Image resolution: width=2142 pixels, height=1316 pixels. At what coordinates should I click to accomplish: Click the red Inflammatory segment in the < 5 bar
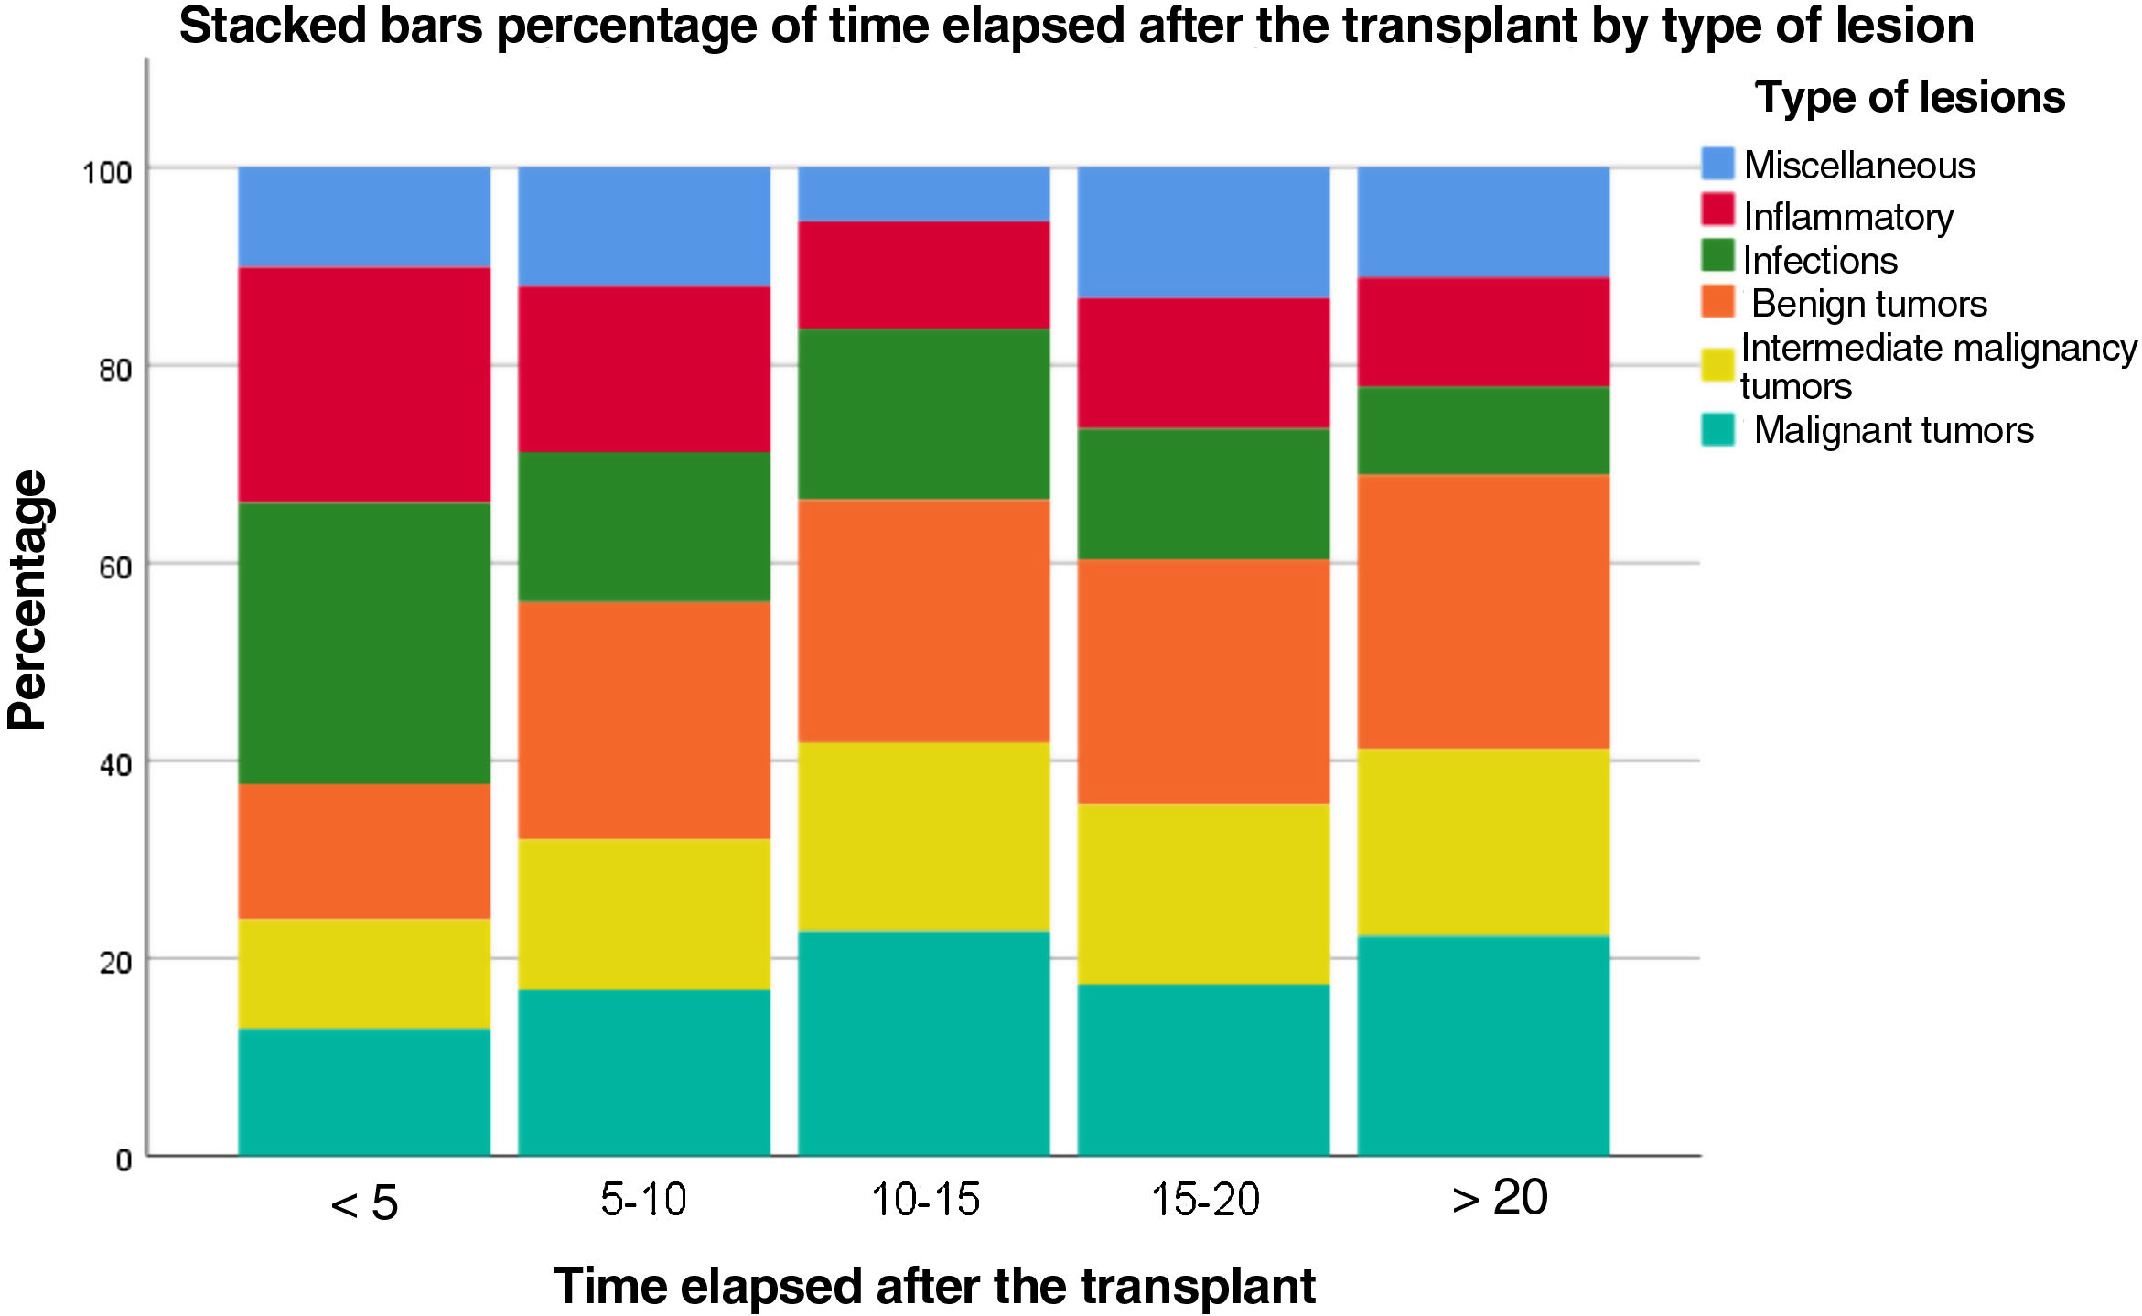(364, 384)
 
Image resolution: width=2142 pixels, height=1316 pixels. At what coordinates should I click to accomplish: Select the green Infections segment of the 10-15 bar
(924, 414)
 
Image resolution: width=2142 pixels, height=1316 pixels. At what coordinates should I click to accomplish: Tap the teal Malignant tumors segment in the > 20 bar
(1483, 1045)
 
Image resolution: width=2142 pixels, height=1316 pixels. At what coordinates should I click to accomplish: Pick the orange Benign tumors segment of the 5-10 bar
(644, 719)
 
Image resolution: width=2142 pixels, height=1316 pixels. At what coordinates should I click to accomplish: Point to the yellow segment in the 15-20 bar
(1203, 893)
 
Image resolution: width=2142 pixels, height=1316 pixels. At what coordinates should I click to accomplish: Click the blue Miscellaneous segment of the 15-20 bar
(1203, 232)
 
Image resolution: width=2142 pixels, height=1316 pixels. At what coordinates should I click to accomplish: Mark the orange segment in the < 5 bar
(364, 851)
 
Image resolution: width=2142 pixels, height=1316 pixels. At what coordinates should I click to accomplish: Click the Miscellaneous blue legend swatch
(1717, 164)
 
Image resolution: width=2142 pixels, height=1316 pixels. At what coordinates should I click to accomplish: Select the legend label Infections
(1819, 261)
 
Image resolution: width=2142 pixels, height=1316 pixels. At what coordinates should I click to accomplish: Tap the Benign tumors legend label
(1868, 304)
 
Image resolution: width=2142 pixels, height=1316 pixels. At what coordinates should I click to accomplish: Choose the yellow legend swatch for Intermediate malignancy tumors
(1717, 365)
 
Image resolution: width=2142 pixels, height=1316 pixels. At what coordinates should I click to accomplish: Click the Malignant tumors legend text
(1893, 430)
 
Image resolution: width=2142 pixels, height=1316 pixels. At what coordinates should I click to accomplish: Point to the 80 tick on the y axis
(115, 370)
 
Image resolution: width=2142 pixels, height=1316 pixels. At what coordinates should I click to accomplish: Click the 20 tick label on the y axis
(115, 963)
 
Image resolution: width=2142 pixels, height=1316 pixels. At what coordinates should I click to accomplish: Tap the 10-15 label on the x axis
(925, 1199)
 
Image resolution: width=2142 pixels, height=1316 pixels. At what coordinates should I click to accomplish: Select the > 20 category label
(1499, 1198)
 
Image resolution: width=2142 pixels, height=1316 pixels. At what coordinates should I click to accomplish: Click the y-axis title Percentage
(27, 599)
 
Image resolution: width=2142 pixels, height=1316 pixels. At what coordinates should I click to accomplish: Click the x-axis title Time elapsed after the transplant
(933, 1286)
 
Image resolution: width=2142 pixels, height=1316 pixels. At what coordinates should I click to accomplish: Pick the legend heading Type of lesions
(1909, 97)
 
